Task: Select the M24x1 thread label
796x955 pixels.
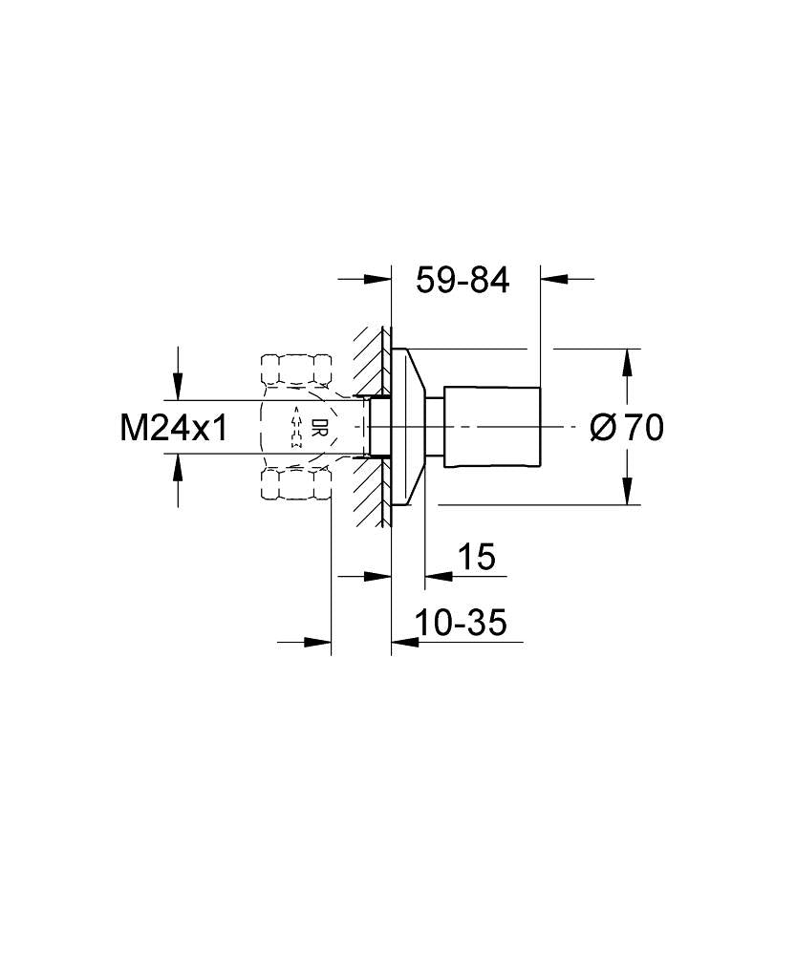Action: coord(174,428)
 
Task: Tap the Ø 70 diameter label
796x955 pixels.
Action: coord(627,428)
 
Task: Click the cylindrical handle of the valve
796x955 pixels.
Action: coord(493,426)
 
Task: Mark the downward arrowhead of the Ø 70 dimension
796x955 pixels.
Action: coord(626,492)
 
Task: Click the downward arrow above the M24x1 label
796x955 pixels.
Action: coord(177,387)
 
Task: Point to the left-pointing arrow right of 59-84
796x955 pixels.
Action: coord(554,280)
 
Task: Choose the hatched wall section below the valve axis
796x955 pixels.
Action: coord(369,492)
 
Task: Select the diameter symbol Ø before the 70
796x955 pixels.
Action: coord(603,428)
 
